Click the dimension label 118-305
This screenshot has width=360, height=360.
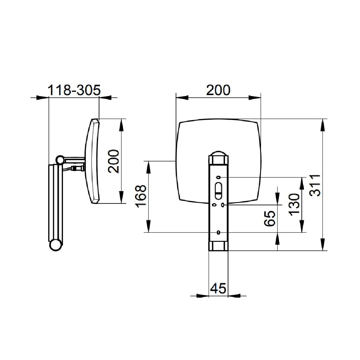click(x=74, y=90)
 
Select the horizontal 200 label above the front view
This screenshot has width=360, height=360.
click(x=218, y=90)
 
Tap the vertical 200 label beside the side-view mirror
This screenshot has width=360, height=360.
click(x=113, y=161)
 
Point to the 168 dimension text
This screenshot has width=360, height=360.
click(x=140, y=196)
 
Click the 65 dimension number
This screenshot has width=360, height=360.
click(x=270, y=219)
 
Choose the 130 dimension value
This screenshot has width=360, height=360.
click(x=294, y=205)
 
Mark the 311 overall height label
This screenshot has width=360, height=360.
click(x=315, y=185)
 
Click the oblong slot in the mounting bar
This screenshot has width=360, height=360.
click(x=218, y=191)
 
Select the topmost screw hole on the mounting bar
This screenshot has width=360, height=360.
click(x=218, y=177)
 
